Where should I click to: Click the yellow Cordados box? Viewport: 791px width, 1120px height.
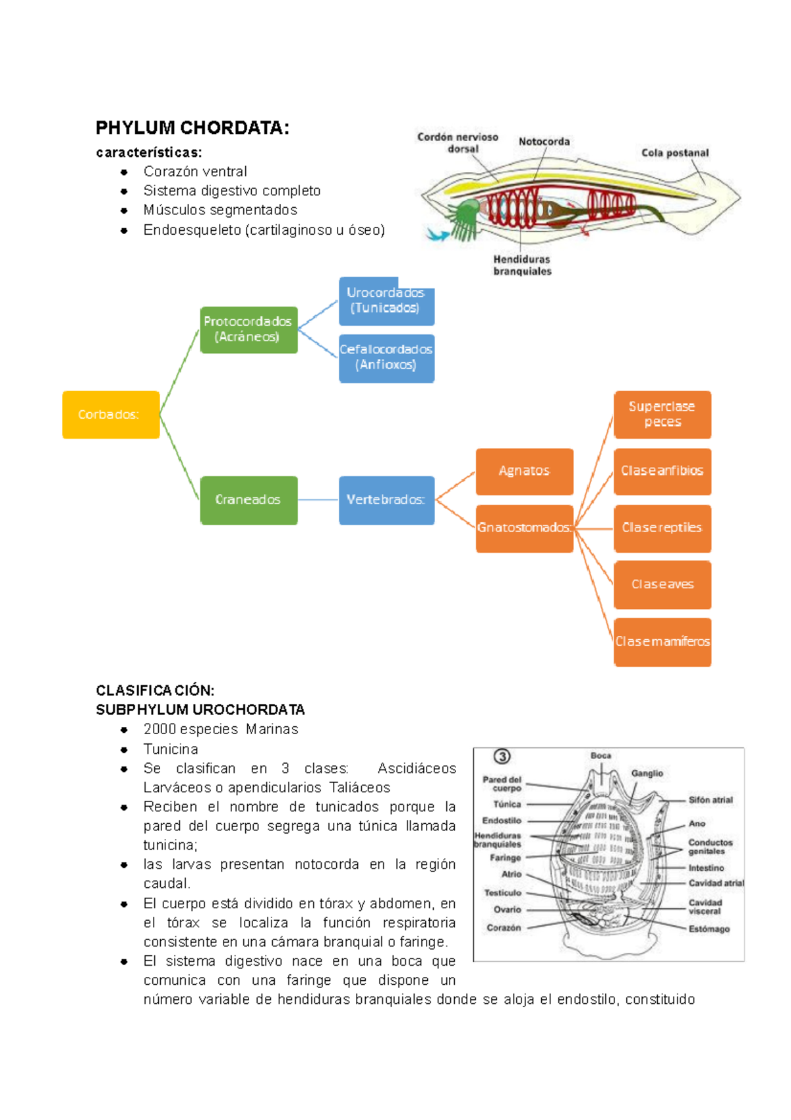click(111, 415)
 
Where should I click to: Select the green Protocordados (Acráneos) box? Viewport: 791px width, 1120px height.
click(249, 329)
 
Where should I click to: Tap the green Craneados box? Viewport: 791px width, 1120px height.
click(249, 500)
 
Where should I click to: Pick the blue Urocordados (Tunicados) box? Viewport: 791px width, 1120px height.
click(386, 301)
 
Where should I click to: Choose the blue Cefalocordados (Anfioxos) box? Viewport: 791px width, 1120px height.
click(386, 358)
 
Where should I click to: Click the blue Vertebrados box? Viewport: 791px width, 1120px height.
click(386, 500)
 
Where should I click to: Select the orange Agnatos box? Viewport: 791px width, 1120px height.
click(524, 471)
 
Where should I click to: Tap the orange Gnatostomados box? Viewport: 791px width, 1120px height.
click(524, 528)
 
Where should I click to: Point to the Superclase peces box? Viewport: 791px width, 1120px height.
click(662, 414)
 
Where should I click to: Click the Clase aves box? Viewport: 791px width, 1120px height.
click(662, 584)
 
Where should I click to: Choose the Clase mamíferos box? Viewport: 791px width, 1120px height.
click(662, 642)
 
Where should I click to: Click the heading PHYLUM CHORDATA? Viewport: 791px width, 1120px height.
click(192, 128)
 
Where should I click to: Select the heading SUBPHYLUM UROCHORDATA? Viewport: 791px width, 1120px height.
click(200, 710)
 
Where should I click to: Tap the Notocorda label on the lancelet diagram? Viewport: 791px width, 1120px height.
click(544, 142)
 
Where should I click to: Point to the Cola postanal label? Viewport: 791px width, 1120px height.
click(675, 153)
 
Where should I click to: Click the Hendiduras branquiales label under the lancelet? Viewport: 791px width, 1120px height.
click(522, 265)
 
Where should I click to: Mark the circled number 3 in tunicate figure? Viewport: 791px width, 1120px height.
click(502, 757)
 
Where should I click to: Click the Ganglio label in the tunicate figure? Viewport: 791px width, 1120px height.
click(647, 773)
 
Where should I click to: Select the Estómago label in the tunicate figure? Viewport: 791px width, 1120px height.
click(709, 929)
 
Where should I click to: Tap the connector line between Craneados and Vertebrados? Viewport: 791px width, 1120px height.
click(318, 500)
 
